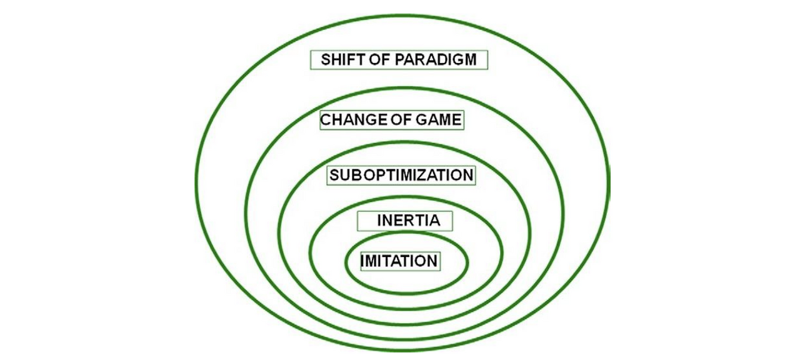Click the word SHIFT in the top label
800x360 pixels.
[x=340, y=60]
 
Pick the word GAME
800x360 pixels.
[x=439, y=119]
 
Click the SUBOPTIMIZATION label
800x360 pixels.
[x=401, y=175]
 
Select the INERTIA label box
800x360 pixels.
[x=405, y=221]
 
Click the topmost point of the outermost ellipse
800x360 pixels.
[x=402, y=15]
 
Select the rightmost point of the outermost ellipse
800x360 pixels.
[x=607, y=181]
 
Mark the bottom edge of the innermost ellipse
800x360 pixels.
[x=406, y=291]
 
